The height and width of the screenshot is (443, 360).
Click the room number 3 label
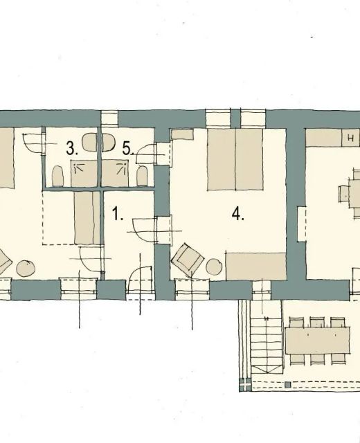[72, 148]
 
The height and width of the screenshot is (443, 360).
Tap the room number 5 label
[128, 148]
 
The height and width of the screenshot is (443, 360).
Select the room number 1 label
[118, 213]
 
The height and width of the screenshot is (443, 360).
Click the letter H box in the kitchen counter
[351, 138]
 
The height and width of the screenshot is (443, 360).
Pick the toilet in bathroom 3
[58, 176]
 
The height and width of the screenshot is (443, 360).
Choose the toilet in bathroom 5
[142, 176]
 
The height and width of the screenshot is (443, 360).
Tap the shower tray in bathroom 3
[84, 173]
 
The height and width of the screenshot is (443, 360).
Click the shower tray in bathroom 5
[115, 173]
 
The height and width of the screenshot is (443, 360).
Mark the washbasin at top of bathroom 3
[89, 142]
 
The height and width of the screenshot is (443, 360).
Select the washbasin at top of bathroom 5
[108, 142]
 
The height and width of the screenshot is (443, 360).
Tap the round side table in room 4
[214, 266]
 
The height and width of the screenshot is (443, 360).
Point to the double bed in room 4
[235, 159]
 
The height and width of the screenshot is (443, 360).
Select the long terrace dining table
[317, 341]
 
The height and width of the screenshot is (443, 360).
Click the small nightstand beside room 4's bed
[182, 134]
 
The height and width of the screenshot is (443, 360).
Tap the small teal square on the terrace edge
[287, 385]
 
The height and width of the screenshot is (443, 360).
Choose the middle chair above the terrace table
[317, 322]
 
